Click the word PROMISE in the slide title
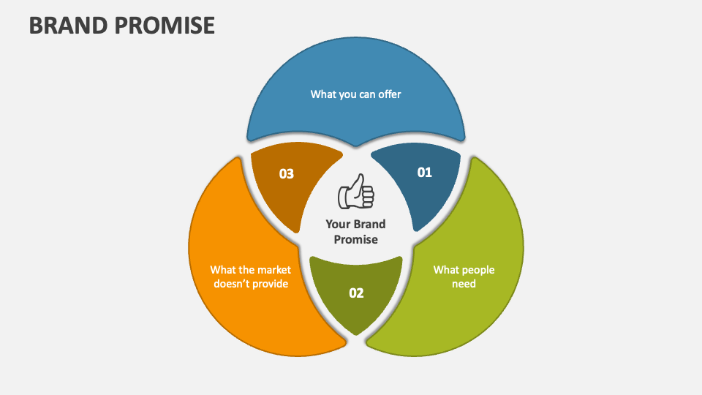(166, 25)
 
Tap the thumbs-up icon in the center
(355, 193)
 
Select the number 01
(425, 173)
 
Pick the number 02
(356, 293)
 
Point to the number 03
(287, 174)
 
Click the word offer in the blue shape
(390, 94)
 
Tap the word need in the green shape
(464, 283)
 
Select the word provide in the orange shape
(271, 283)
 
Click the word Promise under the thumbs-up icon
(356, 239)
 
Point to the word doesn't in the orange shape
(233, 283)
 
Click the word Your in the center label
(338, 224)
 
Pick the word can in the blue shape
(367, 94)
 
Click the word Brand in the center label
(370, 224)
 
